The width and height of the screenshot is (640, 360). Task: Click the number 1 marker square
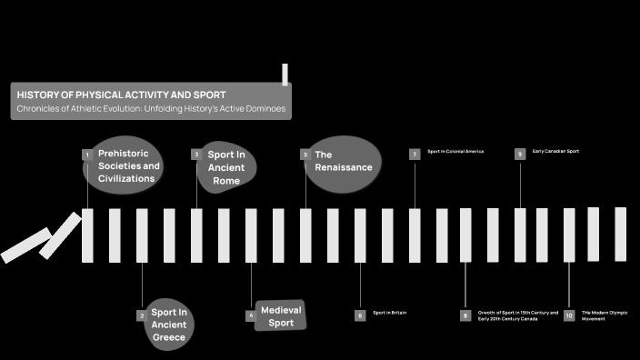coord(87,155)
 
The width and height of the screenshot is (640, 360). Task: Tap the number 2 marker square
coord(142,315)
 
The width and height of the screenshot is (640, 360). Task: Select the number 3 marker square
coord(195,155)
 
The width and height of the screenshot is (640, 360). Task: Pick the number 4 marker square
coord(250,315)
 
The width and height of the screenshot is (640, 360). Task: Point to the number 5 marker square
coord(305,155)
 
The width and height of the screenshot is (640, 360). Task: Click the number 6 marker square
coord(360,315)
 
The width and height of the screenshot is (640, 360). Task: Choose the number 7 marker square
coord(414,155)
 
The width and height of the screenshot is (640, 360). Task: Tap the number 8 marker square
coord(465,315)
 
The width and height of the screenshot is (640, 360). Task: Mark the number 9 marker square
coord(520,155)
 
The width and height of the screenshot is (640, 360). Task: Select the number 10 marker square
coord(569,315)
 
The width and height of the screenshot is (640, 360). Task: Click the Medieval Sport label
coord(281,316)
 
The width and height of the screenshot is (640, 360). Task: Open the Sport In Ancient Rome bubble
coord(226,167)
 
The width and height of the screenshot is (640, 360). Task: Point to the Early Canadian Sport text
coord(555,151)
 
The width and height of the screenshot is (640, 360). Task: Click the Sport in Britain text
coord(389,313)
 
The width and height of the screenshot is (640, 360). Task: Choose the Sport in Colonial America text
coord(455,151)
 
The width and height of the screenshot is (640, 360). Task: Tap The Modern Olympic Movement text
coord(605,315)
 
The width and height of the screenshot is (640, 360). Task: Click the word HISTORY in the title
coord(37,95)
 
